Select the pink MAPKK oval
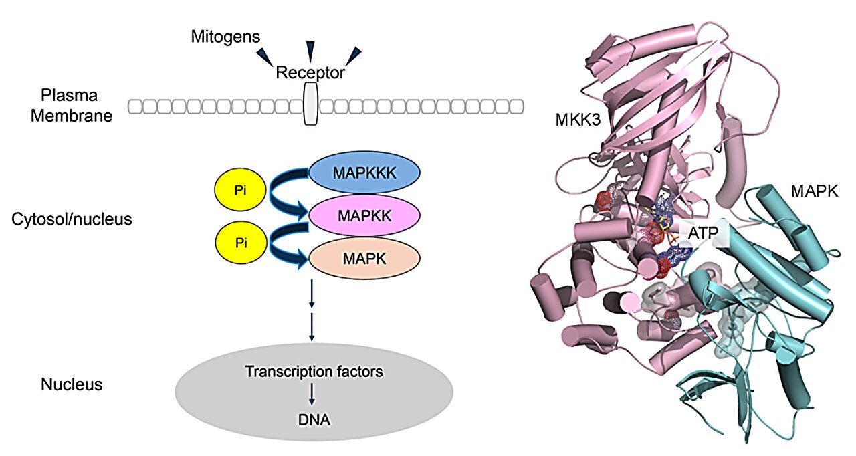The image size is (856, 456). (364, 216)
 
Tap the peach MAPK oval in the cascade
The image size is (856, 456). (364, 257)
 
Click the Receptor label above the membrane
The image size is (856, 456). (310, 72)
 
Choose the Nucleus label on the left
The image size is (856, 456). (72, 384)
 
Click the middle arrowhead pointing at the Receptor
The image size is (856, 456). (310, 51)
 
